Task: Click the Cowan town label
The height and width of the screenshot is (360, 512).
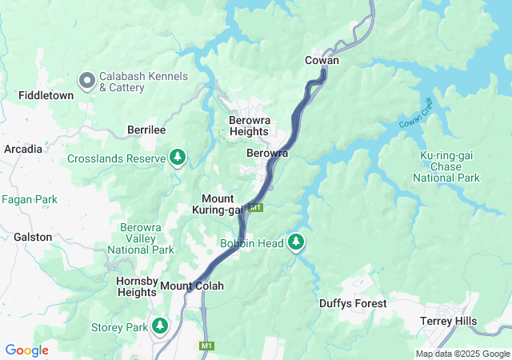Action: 322,60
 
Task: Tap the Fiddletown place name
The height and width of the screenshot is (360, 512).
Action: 46,95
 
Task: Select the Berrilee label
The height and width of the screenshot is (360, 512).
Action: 146,130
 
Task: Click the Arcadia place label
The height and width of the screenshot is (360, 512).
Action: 23,149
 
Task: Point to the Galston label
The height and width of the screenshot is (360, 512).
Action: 33,237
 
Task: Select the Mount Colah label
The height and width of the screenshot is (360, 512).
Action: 192,286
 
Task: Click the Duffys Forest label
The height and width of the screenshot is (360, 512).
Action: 353,303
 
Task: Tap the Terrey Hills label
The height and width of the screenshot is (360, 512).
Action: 449,321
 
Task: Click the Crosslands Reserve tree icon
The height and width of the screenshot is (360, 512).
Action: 177,158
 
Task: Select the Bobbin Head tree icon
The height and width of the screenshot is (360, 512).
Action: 297,242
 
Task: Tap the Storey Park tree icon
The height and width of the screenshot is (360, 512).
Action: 161,326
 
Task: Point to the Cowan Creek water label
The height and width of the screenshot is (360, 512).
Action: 415,113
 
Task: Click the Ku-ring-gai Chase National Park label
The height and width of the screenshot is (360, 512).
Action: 450,166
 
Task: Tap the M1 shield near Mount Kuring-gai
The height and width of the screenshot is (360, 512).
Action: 255,208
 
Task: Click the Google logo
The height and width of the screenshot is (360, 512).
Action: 26,350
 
